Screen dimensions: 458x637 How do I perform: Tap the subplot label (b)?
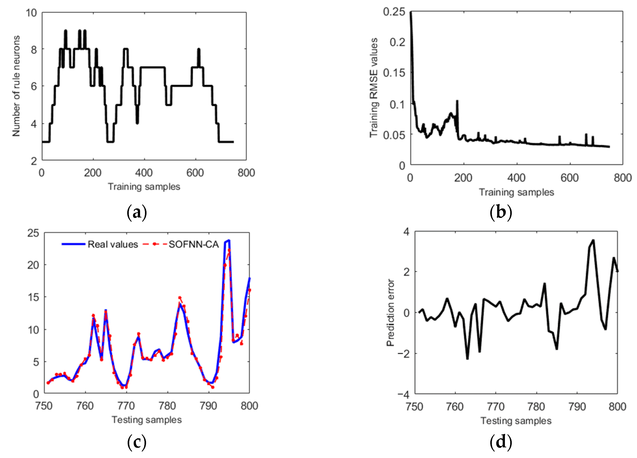coord(501,212)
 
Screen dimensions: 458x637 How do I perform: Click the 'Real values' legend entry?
coord(112,245)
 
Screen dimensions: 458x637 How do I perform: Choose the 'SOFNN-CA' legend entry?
coord(193,245)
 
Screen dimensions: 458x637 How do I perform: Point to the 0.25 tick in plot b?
coord(394,12)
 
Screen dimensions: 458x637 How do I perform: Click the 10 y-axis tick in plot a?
coord(31,13)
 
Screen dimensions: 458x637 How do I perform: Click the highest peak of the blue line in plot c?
coord(229,240)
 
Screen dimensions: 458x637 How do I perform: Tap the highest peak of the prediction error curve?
coord(593,240)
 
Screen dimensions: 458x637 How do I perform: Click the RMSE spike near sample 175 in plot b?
coord(457,101)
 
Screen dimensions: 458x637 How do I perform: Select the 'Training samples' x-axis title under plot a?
coord(144,187)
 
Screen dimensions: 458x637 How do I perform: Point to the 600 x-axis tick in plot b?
coord(569,178)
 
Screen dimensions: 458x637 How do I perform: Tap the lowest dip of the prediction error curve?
coord(467,359)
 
